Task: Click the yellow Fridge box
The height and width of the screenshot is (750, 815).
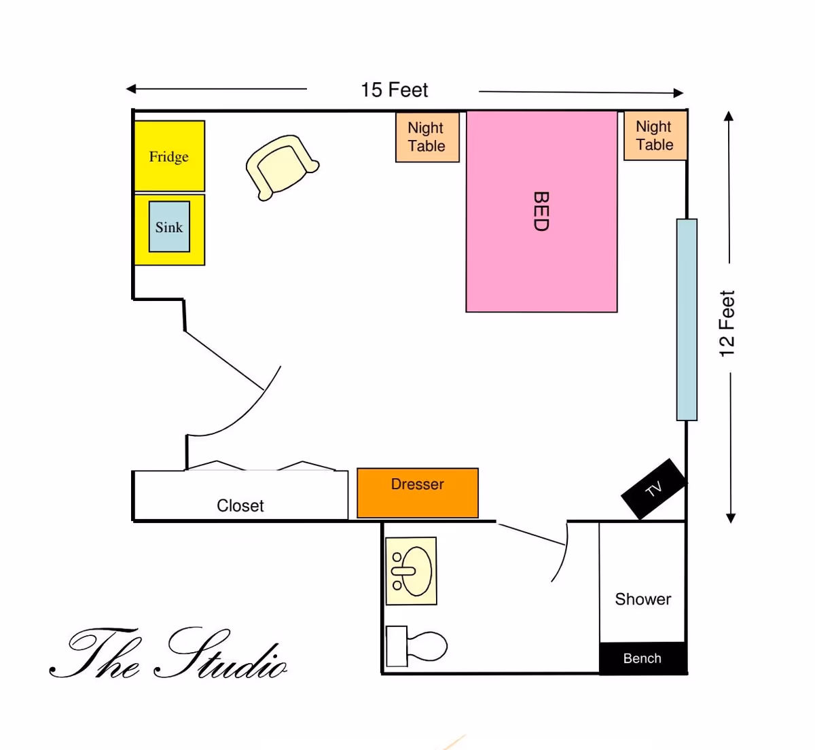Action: pyautogui.click(x=169, y=156)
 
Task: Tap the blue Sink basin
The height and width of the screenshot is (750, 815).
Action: pyautogui.click(x=169, y=227)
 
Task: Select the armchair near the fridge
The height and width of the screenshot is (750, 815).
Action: pyautogui.click(x=280, y=166)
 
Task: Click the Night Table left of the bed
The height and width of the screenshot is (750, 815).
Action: pyautogui.click(x=427, y=137)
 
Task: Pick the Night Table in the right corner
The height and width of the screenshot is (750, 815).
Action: pyautogui.click(x=655, y=136)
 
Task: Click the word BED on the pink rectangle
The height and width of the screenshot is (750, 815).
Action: pyautogui.click(x=541, y=211)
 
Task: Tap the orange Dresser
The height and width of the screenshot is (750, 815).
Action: pyautogui.click(x=417, y=493)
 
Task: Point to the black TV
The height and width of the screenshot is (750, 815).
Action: pyautogui.click(x=653, y=488)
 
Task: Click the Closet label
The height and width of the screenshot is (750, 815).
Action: pyautogui.click(x=240, y=505)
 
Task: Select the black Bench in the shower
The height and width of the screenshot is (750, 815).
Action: pyautogui.click(x=642, y=658)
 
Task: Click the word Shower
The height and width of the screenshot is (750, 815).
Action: pyautogui.click(x=642, y=599)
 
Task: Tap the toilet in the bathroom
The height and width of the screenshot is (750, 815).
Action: pyautogui.click(x=417, y=646)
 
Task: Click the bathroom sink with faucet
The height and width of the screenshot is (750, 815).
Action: pyautogui.click(x=411, y=571)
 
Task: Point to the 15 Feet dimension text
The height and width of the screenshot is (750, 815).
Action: pyautogui.click(x=394, y=90)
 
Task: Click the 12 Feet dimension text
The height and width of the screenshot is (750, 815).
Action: pyautogui.click(x=727, y=323)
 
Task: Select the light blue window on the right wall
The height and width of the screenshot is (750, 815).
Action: pyautogui.click(x=687, y=319)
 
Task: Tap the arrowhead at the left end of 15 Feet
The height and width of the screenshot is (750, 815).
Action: pyautogui.click(x=131, y=88)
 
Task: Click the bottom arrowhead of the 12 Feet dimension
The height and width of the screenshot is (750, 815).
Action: pyautogui.click(x=731, y=518)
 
